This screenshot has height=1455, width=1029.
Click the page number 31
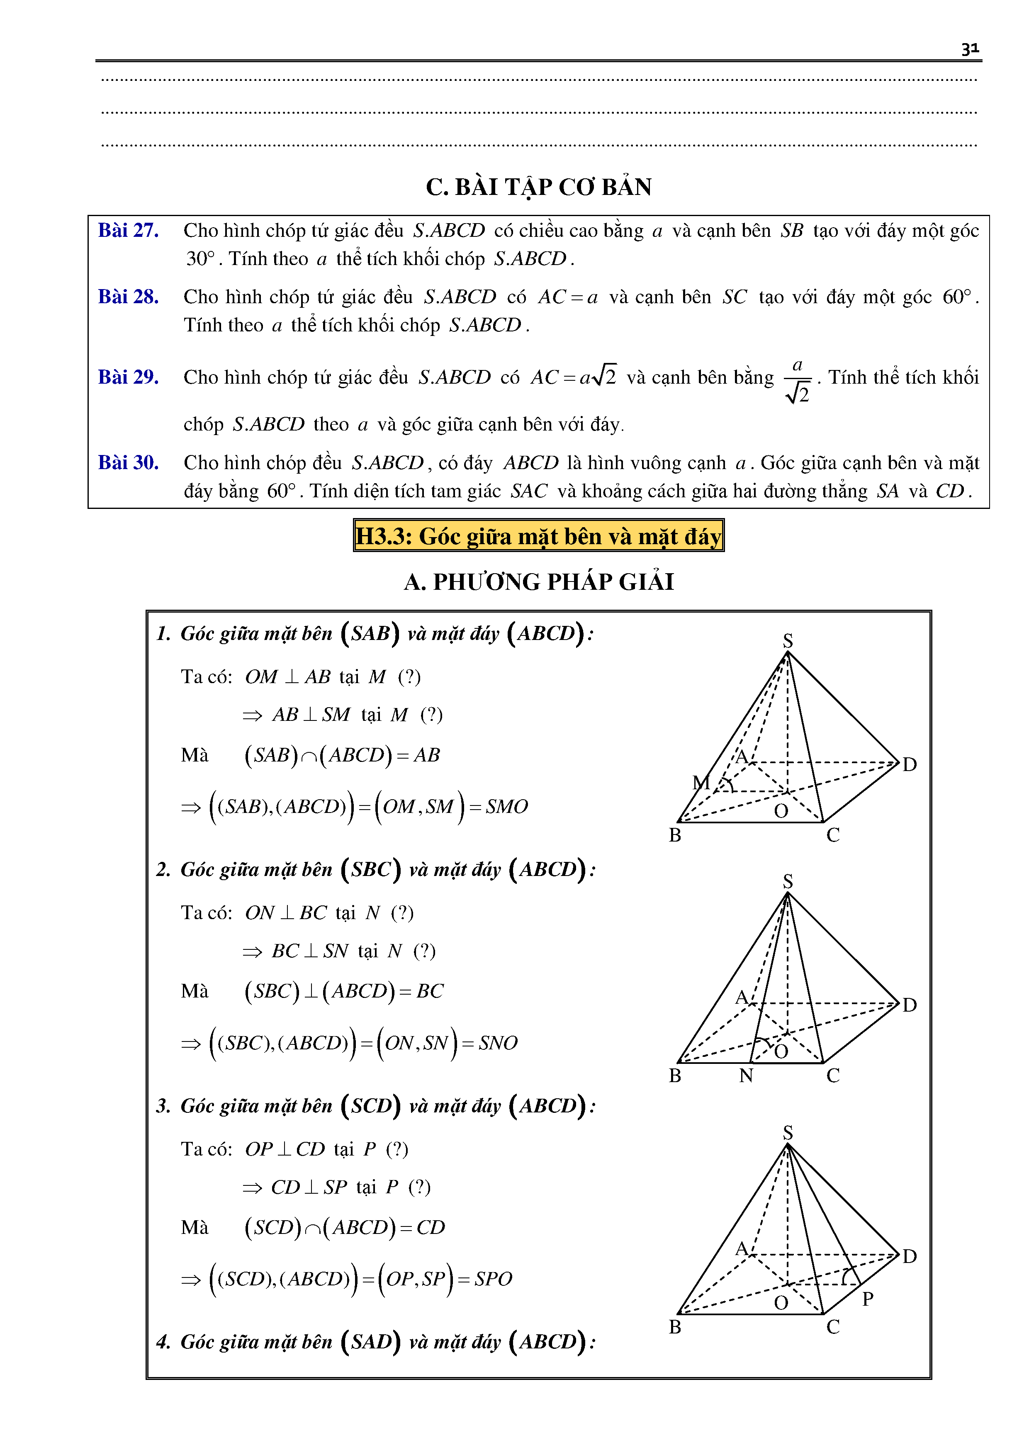point(969,49)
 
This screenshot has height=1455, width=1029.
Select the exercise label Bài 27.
point(128,230)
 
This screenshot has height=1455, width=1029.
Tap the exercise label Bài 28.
point(128,297)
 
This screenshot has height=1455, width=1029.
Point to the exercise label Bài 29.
point(128,377)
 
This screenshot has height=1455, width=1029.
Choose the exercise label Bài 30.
point(128,462)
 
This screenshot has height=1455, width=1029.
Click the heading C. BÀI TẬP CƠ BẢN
point(539,187)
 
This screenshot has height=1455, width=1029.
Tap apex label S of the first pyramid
point(788,640)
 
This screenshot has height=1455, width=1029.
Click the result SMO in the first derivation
point(506,807)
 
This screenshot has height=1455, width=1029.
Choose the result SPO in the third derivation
point(493,1279)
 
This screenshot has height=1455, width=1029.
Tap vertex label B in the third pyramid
point(675,1326)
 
